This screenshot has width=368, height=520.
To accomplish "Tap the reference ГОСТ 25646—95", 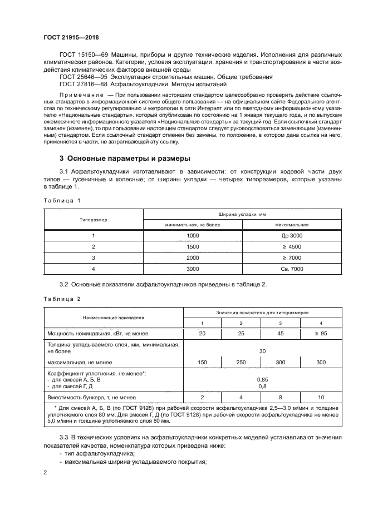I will tap(85, 76).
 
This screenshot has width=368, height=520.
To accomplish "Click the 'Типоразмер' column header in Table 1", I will tap(94, 219).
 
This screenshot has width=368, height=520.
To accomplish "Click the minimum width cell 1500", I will tap(192, 246).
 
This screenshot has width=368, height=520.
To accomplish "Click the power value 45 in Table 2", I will tap(280, 333).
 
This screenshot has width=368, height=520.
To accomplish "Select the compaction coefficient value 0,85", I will tap(261, 379).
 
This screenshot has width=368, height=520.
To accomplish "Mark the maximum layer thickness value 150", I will tap(202, 362).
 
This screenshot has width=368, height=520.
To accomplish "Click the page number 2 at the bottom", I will tap(45, 472).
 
